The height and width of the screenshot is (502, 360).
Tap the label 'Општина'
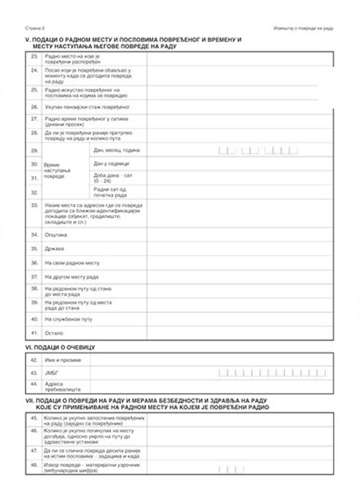click(x=55, y=234)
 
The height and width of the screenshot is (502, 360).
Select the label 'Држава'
click(x=53, y=249)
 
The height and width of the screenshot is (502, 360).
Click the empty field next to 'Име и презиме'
click(x=211, y=360)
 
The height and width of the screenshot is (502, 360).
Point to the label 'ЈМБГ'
click(x=52, y=373)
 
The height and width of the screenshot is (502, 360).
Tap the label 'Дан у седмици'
click(x=111, y=164)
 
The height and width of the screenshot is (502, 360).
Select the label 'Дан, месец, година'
click(x=117, y=150)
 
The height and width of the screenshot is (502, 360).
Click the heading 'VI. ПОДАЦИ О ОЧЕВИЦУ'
click(x=60, y=347)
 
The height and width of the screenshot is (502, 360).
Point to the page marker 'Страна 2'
click(x=34, y=27)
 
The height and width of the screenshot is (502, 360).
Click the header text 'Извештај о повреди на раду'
click(x=303, y=27)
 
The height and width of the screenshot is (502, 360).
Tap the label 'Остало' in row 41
click(x=54, y=333)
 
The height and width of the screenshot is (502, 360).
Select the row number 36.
click(x=34, y=263)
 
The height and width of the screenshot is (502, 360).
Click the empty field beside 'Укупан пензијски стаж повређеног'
click(x=239, y=106)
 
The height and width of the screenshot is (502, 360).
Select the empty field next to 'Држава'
click(x=239, y=249)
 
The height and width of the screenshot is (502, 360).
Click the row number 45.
click(x=34, y=419)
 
